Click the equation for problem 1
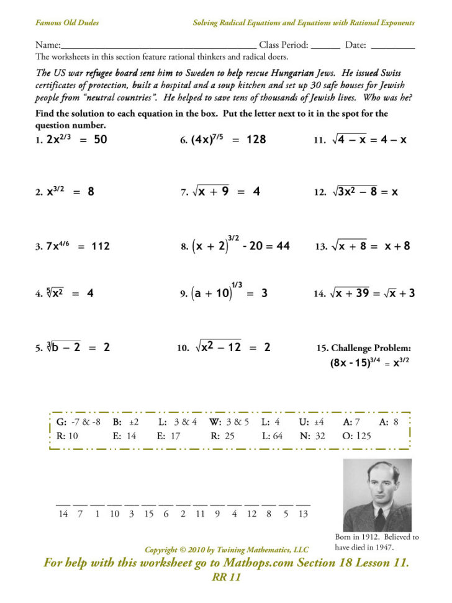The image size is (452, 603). click(76, 140)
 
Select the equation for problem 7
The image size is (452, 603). click(227, 192)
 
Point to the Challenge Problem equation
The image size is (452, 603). click(369, 363)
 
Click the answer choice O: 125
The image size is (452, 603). click(356, 436)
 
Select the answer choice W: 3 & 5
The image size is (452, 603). click(229, 422)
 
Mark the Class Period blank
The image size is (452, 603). click(325, 47)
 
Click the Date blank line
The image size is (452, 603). click(392, 47)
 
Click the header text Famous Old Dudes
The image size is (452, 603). click(67, 23)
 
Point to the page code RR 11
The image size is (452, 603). click(226, 578)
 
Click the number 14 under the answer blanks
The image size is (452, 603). click(63, 514)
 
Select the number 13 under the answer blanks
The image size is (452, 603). click(303, 514)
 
